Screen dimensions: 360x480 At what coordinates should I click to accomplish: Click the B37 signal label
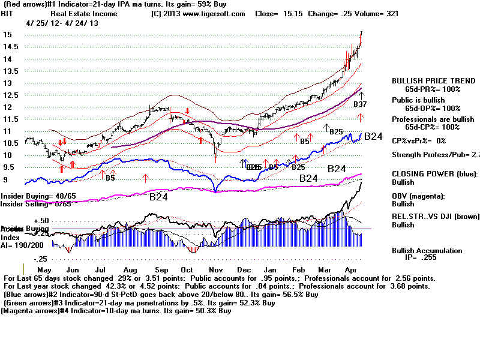pyautogui.click(x=360, y=104)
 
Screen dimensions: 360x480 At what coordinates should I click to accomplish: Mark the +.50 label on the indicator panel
pyautogui.click(x=24, y=220)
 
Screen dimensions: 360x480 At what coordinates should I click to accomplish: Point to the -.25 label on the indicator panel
pyautogui.click(x=23, y=259)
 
